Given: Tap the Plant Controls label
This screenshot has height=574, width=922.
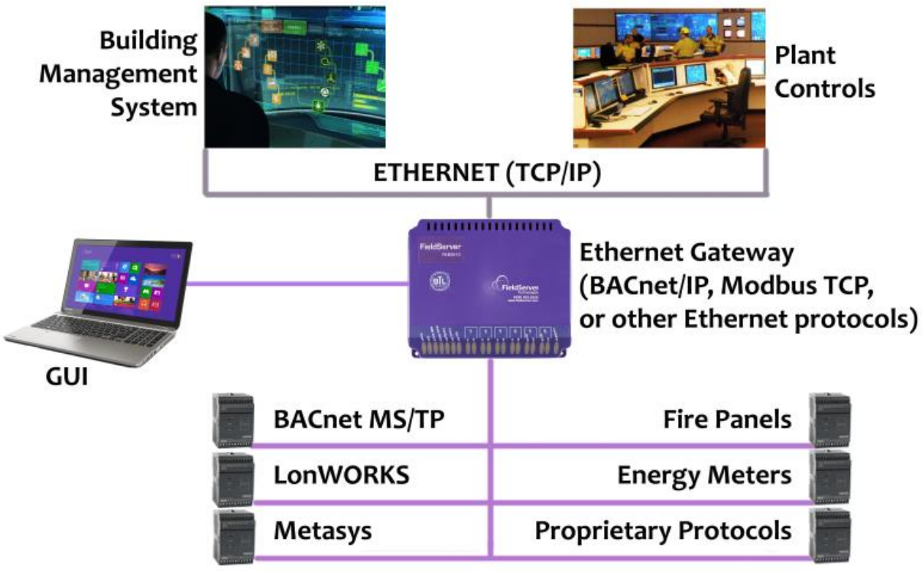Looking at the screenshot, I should coord(824,72).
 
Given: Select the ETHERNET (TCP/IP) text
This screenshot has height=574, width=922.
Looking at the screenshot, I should coord(487,173).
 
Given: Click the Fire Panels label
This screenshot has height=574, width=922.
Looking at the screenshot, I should coord(728,419).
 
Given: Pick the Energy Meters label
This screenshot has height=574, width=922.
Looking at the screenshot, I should coord(704,475).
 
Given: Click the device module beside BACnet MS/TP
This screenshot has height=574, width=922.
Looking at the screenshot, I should coord(232,420).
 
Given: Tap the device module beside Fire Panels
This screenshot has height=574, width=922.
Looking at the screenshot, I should coord(829,420).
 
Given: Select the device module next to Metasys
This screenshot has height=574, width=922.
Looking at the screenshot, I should coord(232,533).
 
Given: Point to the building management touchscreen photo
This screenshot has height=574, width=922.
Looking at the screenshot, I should coord(295,77).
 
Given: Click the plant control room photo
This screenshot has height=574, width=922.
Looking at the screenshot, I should coord(669,77).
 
